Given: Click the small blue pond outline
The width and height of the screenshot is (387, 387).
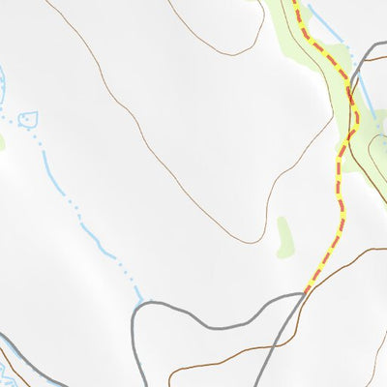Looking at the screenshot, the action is pos(28,120).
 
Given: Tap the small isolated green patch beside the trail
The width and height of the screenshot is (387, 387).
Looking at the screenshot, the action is pos(284,237).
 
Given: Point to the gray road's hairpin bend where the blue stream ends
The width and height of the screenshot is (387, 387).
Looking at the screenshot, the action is pos(142,304).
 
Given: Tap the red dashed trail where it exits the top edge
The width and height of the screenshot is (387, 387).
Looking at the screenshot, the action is pos(294,4).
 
